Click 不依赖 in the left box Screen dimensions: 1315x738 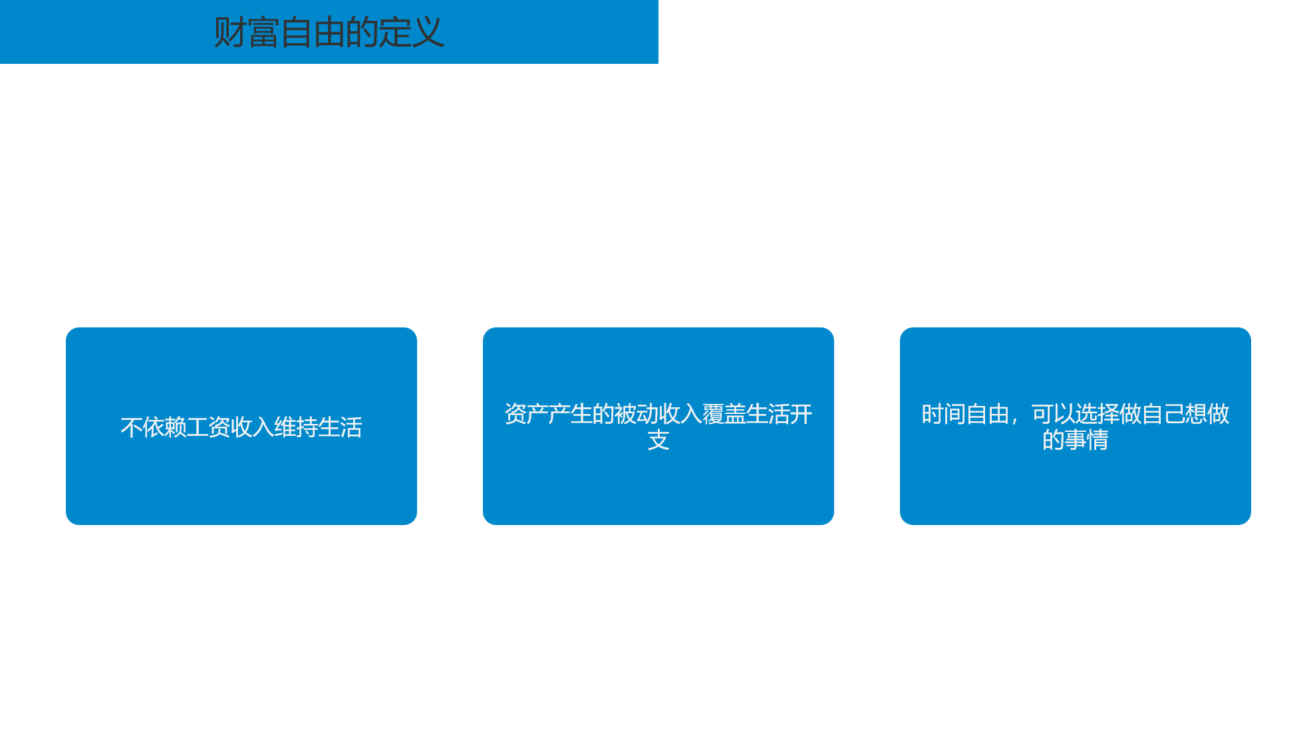point(153,427)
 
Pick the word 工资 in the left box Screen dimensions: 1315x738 point(208,427)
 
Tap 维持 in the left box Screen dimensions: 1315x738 point(296,427)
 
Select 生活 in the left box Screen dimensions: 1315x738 point(340,427)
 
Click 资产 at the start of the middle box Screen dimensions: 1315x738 point(526,414)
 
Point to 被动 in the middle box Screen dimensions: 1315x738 point(636,414)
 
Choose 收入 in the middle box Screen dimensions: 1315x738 point(680,414)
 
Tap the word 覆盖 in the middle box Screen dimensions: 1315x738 point(724,414)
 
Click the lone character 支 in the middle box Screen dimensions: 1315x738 point(658,440)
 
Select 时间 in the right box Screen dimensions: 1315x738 point(943,414)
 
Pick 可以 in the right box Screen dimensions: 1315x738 point(1053,414)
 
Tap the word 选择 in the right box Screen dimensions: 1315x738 point(1097,414)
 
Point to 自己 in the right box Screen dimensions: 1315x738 point(1163,414)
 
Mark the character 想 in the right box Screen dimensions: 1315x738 point(1196,414)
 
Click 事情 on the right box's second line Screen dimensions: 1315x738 point(1086,440)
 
